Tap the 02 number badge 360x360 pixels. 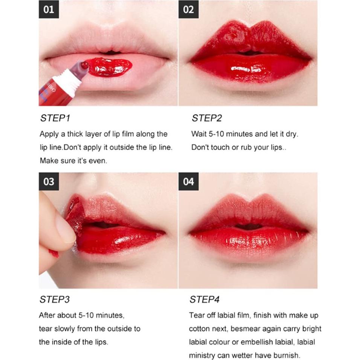tap(188, 9)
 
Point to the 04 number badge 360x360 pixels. tap(188, 182)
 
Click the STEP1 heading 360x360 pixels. tap(55, 118)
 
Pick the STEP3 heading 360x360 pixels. tap(55, 300)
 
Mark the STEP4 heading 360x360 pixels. tap(205, 300)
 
